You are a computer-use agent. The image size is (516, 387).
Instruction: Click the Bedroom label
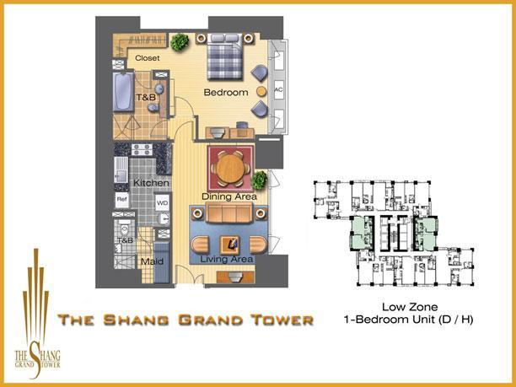click(x=225, y=92)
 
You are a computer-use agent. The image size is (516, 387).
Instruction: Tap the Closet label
click(x=148, y=59)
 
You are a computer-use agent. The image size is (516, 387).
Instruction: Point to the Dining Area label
click(x=228, y=196)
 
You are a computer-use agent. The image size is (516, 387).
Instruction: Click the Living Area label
click(x=228, y=259)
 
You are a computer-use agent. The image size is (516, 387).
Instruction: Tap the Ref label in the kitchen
click(x=122, y=200)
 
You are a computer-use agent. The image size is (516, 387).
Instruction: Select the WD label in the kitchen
click(x=162, y=203)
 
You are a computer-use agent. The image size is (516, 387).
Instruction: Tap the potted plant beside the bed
click(x=179, y=41)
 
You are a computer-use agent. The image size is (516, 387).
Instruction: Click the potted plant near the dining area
click(x=261, y=180)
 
